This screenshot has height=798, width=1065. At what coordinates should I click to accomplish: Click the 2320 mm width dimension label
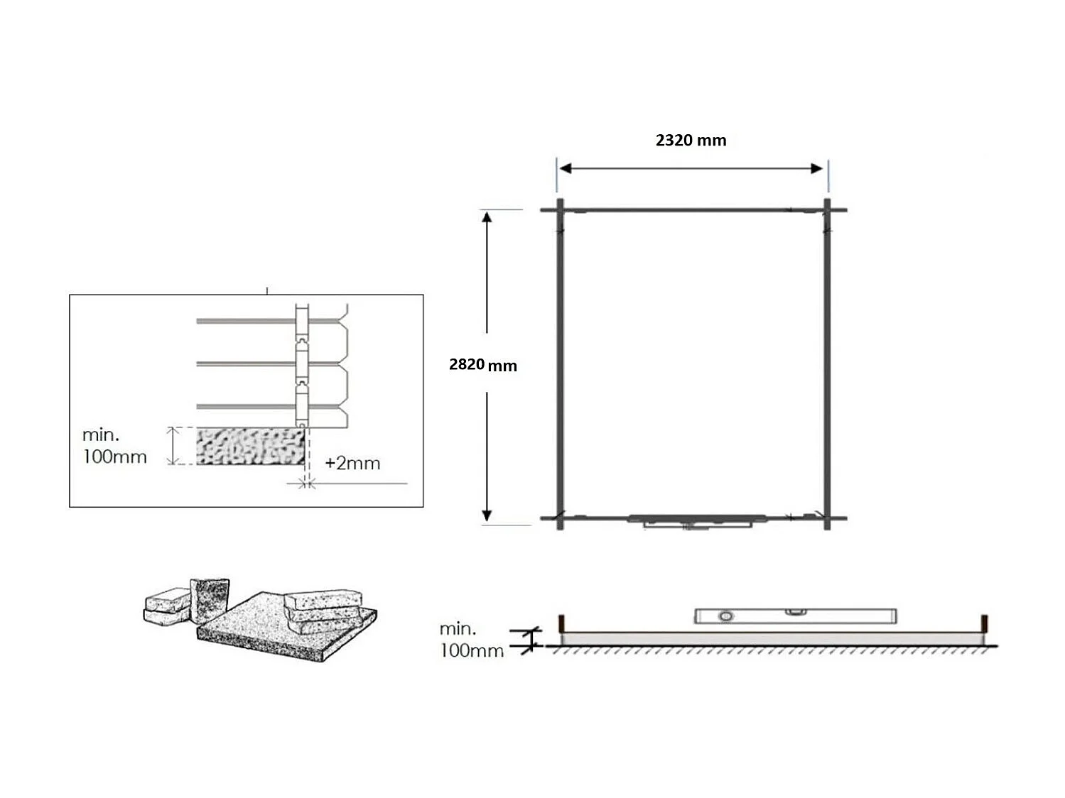(x=691, y=141)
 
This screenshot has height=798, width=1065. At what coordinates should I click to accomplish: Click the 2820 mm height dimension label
(x=482, y=365)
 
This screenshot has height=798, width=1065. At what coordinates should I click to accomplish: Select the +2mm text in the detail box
(x=352, y=464)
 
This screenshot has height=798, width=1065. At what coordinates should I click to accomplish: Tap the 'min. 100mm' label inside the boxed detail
(x=114, y=446)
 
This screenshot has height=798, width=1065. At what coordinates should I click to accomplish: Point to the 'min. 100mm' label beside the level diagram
(x=471, y=639)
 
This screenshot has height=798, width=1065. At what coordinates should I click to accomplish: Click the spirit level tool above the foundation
(x=794, y=616)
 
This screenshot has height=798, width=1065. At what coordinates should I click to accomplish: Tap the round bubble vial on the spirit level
(x=725, y=616)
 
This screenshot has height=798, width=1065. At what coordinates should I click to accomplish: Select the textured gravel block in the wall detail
(x=249, y=447)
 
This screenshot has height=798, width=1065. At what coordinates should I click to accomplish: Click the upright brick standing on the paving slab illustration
(x=210, y=601)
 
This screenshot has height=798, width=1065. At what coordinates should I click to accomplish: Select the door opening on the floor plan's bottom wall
(x=696, y=521)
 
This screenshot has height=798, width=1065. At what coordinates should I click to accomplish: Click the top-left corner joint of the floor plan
(x=560, y=210)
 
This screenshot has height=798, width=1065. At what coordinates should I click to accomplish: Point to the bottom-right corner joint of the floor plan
(x=827, y=518)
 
